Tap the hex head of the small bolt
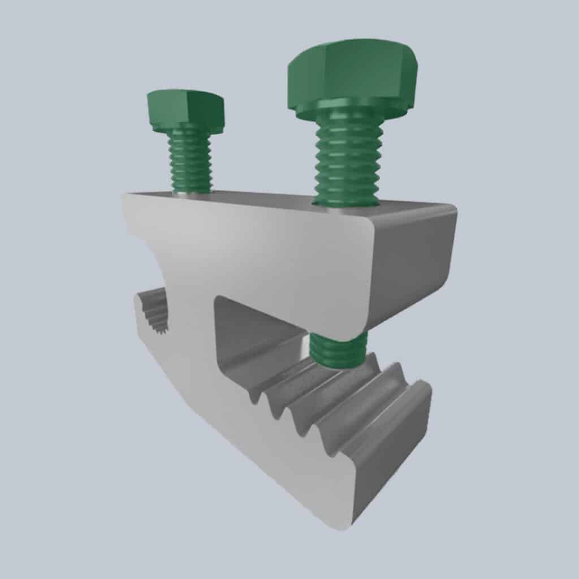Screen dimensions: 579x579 coord(185,110)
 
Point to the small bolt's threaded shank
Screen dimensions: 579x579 coord(191,161)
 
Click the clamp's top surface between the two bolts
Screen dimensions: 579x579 coord(260,198)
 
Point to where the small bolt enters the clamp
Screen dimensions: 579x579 coord(192,192)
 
